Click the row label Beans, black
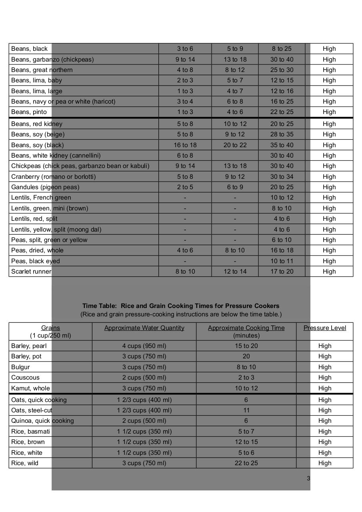(30, 49)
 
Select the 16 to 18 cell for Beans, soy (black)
(185, 145)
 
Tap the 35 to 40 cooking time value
(282, 145)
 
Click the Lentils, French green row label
(41, 198)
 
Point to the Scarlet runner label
(31, 272)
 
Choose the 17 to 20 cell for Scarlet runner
(282, 272)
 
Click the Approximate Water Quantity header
(144, 328)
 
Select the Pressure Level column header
(324, 328)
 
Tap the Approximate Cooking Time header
(246, 328)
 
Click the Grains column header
(50, 328)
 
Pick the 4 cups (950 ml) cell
(144, 346)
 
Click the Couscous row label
(26, 378)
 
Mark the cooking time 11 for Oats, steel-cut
(246, 410)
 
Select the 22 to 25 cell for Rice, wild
(246, 463)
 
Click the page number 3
(308, 478)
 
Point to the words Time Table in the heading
(99, 306)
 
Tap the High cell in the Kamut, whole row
(324, 388)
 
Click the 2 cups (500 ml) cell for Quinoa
(144, 421)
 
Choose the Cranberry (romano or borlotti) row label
(54, 177)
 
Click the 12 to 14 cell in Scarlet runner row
(235, 272)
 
